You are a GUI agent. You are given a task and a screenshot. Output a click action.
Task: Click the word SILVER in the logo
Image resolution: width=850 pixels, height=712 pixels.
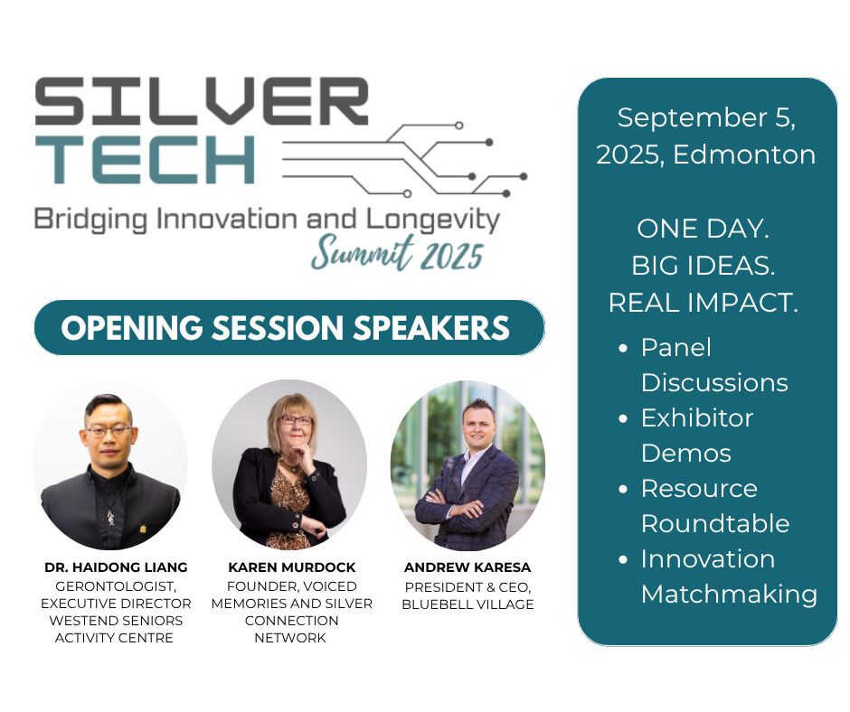tap(202, 101)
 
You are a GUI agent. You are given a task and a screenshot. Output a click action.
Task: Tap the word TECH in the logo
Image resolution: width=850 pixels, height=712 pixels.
tap(145, 159)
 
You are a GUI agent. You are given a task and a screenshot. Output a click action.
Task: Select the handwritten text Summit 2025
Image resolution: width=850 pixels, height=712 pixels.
tap(397, 253)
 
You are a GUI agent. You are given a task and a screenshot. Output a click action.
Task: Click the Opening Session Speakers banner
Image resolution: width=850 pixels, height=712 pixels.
tap(289, 328)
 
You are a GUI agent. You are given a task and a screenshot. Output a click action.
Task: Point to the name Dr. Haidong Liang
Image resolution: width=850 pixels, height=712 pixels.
tap(116, 567)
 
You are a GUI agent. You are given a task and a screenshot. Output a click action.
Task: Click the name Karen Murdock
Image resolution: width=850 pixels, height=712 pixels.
tap(292, 567)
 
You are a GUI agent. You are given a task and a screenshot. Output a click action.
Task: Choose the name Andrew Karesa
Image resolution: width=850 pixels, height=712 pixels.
tap(467, 567)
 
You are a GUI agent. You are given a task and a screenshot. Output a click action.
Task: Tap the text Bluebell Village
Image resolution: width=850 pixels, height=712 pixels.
tap(467, 604)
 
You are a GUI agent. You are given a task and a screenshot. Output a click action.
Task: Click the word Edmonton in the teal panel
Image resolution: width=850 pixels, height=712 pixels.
tap(743, 155)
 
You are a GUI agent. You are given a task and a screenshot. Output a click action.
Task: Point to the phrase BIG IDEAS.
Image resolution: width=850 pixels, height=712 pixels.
tap(703, 266)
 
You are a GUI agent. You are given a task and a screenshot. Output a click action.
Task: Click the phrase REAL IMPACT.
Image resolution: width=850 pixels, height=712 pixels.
tap(704, 303)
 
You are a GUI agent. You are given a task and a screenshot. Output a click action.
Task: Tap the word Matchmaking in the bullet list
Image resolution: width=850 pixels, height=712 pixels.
tap(729, 595)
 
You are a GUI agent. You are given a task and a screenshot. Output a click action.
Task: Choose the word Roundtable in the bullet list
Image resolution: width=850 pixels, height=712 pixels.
tap(715, 523)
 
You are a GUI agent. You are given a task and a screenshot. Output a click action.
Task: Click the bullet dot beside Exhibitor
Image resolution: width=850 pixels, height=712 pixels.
tap(623, 418)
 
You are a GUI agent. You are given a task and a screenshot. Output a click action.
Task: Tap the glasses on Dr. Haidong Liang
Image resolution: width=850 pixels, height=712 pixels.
tap(109, 432)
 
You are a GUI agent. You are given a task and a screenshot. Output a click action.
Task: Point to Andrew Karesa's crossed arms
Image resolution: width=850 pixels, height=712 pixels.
tap(457, 507)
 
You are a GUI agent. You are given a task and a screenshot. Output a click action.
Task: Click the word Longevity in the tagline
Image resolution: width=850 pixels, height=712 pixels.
tap(432, 220)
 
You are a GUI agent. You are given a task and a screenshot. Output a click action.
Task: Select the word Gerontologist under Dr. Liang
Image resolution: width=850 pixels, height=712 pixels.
tap(116, 586)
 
